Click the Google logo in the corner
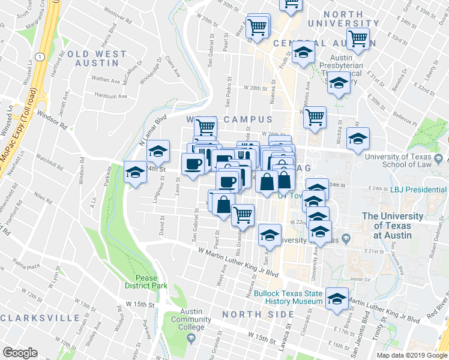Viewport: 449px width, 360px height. tap(20, 353)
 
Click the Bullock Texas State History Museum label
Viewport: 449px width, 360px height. tap(288, 298)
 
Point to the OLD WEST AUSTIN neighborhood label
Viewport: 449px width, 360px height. tap(97, 59)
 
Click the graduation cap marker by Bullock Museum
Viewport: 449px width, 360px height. tap(337, 298)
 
